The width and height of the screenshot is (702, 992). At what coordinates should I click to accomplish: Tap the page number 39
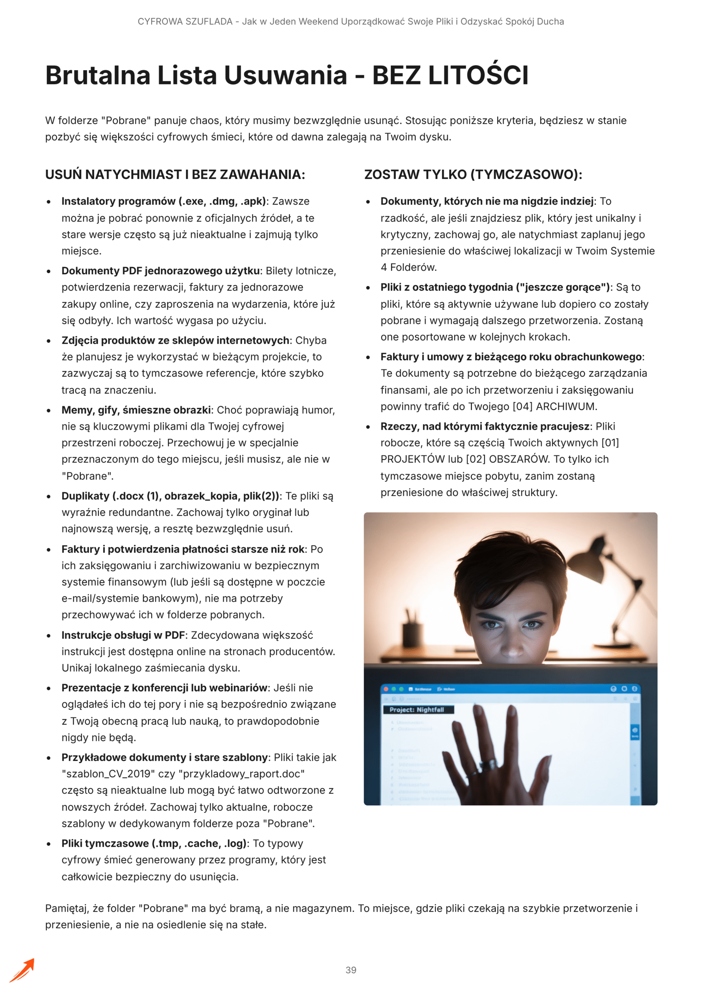350,970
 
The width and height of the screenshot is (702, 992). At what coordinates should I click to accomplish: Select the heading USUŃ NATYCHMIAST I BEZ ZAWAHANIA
175,174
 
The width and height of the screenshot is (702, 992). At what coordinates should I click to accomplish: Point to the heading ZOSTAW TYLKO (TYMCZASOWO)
473,174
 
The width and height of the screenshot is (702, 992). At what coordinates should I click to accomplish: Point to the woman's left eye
532,625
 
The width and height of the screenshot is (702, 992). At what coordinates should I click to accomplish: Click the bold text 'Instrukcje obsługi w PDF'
123,635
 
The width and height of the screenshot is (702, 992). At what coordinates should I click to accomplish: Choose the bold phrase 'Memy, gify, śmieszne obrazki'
136,410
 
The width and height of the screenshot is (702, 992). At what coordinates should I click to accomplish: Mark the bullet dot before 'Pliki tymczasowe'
49,844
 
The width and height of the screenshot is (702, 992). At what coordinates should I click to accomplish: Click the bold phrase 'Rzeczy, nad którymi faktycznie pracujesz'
485,426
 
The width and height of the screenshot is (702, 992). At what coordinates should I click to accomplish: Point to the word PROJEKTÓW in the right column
412,459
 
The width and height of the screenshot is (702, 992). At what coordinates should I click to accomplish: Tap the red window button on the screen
386,689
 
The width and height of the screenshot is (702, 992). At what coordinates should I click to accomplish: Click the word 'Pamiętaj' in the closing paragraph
66,908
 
